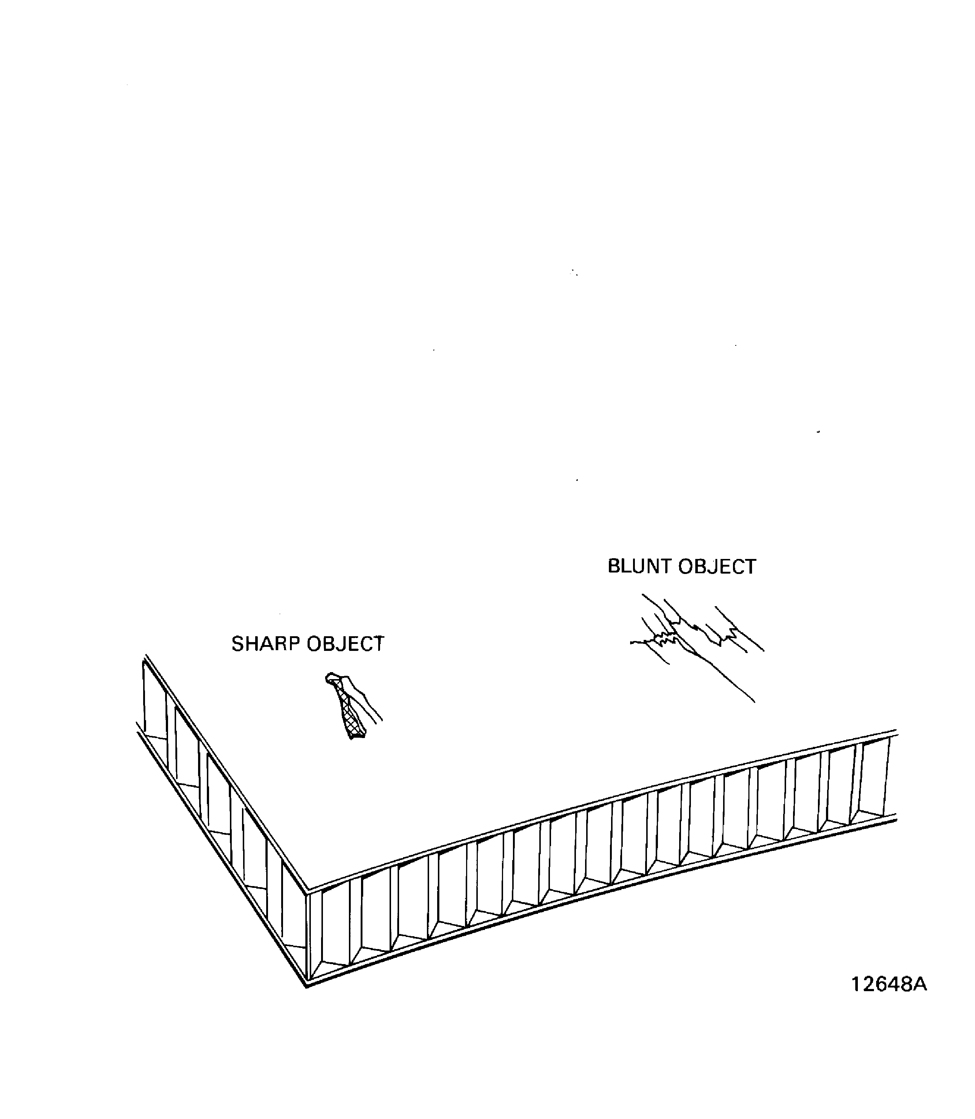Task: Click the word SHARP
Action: (266, 644)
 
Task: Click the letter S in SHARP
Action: (238, 644)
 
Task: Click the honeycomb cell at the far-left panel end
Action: (155, 702)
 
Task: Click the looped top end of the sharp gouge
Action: (331, 678)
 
